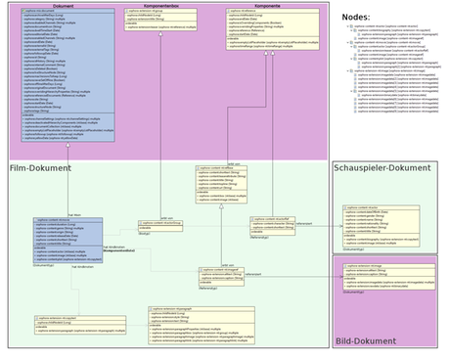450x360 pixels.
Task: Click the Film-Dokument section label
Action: (x=41, y=169)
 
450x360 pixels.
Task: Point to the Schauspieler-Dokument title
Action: (x=382, y=168)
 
